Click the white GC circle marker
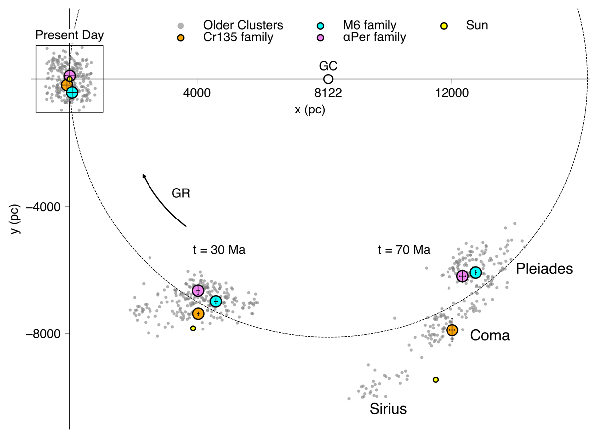[328, 79]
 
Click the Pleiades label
[544, 269]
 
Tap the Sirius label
[388, 410]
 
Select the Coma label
[490, 336]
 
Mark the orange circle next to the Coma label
[452, 330]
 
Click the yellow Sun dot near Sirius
[436, 380]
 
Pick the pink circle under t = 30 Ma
[198, 291]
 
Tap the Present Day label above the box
[70, 36]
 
